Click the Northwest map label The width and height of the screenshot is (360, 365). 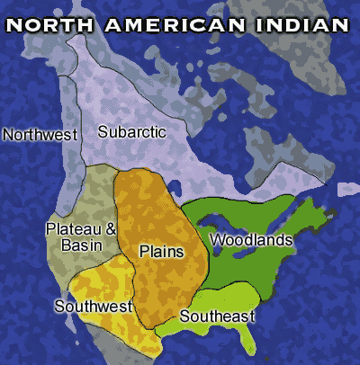click(40, 134)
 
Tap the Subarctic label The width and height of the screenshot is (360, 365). click(132, 132)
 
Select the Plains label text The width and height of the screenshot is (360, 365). click(161, 252)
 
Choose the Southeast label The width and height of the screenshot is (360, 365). click(218, 316)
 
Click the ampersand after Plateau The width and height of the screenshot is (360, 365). click(112, 229)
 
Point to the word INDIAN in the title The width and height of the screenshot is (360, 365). click(301, 23)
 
